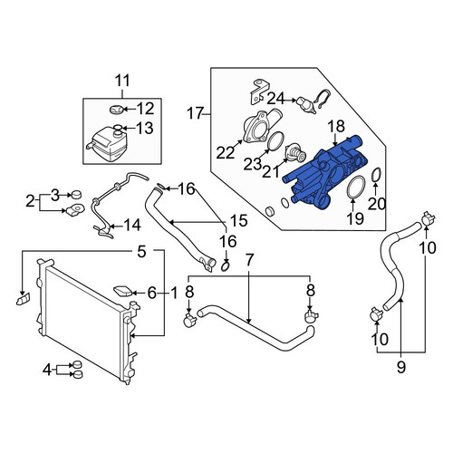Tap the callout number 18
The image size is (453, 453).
pyautogui.click(x=336, y=127)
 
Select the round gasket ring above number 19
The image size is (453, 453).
pyautogui.click(x=356, y=188)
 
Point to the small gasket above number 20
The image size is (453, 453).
pyautogui.click(x=376, y=176)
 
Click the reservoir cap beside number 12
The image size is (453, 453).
pyautogui.click(x=116, y=110)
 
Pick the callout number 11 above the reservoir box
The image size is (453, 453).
pyautogui.click(x=122, y=81)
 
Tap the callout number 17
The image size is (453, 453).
pyautogui.click(x=195, y=114)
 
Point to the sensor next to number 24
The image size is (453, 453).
pyautogui.click(x=306, y=104)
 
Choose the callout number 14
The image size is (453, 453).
pyautogui.click(x=132, y=225)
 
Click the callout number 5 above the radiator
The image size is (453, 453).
pyautogui.click(x=141, y=252)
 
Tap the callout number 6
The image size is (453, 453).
pyautogui.click(x=151, y=293)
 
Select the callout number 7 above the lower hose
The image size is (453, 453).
pyautogui.click(x=248, y=260)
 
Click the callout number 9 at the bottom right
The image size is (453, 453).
pyautogui.click(x=400, y=367)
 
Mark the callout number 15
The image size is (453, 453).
pyautogui.click(x=238, y=221)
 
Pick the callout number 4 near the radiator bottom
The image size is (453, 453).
pyautogui.click(x=47, y=370)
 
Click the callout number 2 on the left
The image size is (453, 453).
pyautogui.click(x=30, y=201)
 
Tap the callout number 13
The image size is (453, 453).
pyautogui.click(x=145, y=128)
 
